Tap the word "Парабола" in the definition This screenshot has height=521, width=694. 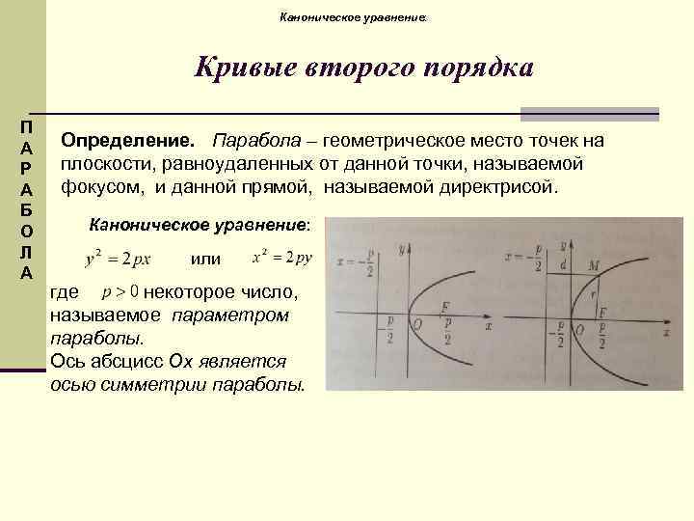pos(248,142)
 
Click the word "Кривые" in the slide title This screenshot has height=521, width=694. pos(245,69)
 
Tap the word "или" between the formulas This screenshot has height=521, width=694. pos(205,259)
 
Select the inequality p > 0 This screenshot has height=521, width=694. pos(121,292)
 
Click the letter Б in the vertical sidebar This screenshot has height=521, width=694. pos(27,210)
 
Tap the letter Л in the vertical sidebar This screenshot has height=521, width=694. pos(27,252)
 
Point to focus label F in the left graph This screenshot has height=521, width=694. pos(444,307)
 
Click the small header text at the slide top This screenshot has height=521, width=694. pos(350,16)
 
